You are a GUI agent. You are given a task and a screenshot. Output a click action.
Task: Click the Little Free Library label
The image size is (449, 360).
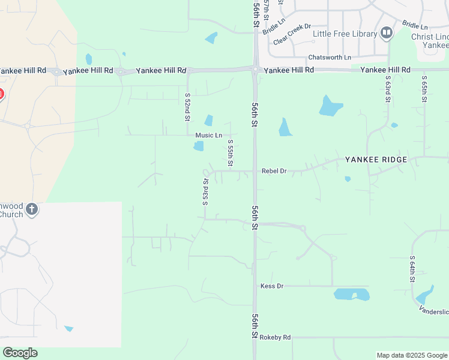[x=345, y=34]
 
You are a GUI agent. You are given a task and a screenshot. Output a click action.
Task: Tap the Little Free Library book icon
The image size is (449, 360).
[x=386, y=33]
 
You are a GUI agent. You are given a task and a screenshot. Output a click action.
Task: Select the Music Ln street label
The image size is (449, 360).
[x=208, y=136]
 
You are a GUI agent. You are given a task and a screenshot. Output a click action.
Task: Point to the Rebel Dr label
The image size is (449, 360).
[x=274, y=171]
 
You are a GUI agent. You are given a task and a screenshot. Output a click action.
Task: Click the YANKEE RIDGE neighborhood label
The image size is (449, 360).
[x=376, y=160]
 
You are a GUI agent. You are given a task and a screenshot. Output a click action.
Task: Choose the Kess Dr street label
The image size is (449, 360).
[x=272, y=286]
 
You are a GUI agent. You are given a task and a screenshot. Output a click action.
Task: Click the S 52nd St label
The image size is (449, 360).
[x=187, y=106]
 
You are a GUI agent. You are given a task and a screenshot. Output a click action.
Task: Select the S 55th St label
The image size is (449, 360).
[x=231, y=153]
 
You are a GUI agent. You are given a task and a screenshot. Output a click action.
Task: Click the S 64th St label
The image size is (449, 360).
[x=412, y=269]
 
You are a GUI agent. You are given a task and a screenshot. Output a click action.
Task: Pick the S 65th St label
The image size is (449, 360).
[x=424, y=88]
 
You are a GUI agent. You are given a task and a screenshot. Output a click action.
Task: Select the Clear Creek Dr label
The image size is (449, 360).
[x=292, y=34]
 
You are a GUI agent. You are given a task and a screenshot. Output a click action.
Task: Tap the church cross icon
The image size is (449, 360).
[x=32, y=209]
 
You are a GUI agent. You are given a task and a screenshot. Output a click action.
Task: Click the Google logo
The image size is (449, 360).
[x=20, y=353]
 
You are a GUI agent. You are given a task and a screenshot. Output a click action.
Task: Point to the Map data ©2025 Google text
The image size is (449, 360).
[x=412, y=355]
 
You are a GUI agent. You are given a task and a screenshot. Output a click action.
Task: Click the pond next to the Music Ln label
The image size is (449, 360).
[x=199, y=146]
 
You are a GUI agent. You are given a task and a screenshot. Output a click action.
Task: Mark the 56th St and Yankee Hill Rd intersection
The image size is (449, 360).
[x=256, y=70]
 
